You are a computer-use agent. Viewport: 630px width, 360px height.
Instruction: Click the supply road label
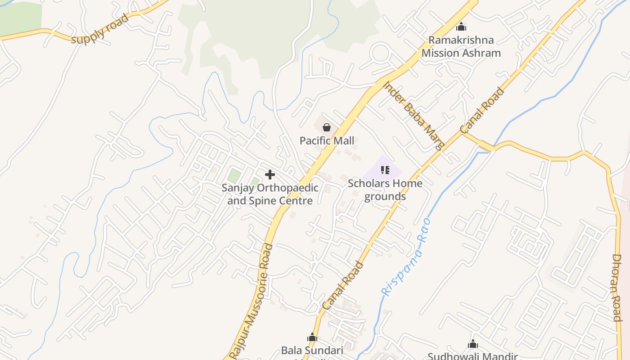pos(100,29)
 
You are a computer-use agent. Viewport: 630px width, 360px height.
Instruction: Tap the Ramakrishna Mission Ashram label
pos(461,46)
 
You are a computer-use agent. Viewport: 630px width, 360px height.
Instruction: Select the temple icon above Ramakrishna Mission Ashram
pos(461,27)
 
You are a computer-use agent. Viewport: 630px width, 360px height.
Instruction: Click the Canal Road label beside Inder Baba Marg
pos(482,111)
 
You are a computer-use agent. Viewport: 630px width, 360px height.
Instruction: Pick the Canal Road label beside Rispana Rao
pos(343,285)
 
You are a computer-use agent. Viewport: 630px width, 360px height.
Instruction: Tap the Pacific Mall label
pos(327,140)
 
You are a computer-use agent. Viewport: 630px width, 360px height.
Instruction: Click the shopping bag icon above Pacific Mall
pos(327,127)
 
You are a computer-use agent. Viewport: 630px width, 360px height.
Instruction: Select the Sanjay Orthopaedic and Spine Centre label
pos(270,194)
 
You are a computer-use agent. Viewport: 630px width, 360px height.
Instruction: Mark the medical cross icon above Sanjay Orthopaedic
pos(270,175)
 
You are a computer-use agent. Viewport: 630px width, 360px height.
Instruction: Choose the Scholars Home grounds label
pos(385,190)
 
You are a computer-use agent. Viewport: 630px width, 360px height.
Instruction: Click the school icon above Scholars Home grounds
pos(385,170)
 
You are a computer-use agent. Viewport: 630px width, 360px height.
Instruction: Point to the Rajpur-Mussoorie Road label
pos(251,301)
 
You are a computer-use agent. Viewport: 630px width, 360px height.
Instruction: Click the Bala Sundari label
pos(312,351)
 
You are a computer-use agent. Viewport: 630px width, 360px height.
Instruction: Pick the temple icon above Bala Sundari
pos(312,337)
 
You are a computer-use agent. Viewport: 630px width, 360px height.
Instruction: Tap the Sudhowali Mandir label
pos(472,356)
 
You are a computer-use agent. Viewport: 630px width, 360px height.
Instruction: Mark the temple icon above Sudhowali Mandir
pos(472,344)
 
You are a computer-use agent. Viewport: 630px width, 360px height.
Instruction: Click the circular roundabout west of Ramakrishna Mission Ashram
pos(380,53)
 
